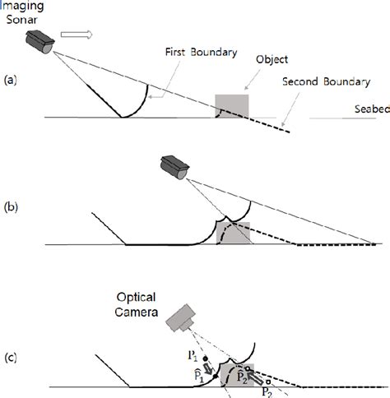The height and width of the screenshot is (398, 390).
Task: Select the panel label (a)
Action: coord(10,80)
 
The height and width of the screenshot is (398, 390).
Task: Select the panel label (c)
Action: coord(10,357)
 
